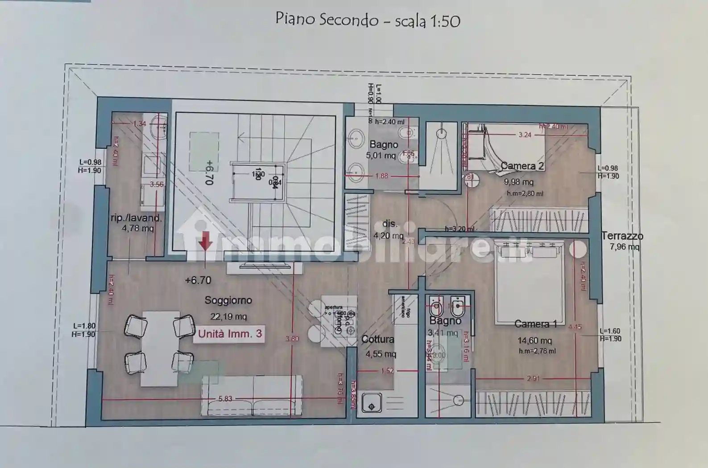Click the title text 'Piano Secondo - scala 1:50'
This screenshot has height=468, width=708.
(368, 20)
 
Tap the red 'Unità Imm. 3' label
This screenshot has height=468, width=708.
(230, 334)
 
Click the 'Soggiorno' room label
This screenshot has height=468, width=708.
(228, 300)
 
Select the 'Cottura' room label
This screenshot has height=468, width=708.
(378, 340)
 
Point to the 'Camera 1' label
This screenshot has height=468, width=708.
(535, 324)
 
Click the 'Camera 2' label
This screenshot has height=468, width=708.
(522, 166)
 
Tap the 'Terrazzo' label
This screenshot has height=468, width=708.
(622, 236)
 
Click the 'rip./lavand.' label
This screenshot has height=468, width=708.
(136, 218)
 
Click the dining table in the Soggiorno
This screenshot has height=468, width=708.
(160, 348)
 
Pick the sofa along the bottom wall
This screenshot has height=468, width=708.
(252, 394)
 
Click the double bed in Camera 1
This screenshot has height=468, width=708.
(529, 281)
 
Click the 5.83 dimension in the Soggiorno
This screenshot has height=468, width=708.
(225, 399)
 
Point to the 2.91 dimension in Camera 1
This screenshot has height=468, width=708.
(533, 378)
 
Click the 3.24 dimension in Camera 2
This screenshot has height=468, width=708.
(525, 135)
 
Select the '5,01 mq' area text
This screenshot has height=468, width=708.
(381, 156)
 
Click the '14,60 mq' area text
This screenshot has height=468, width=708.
(534, 341)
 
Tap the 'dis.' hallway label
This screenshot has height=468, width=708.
(390, 224)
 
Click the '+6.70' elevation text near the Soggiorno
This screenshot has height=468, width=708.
(198, 280)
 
